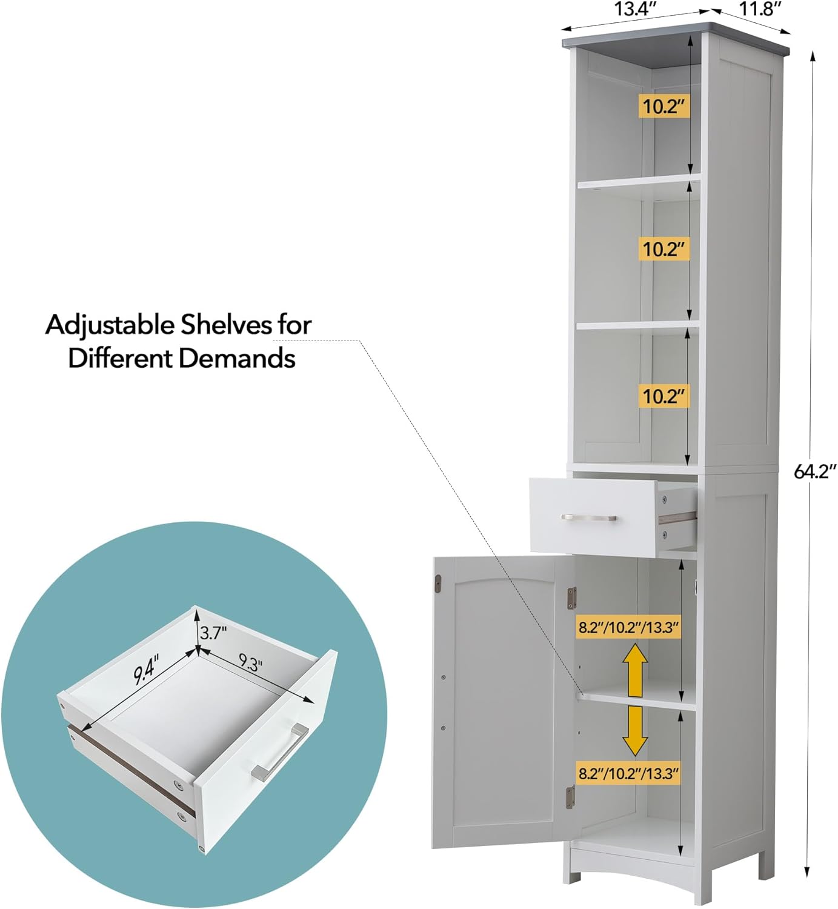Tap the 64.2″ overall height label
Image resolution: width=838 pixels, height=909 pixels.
pyautogui.click(x=815, y=471)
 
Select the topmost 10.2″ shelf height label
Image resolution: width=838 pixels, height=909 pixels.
pyautogui.click(x=663, y=107)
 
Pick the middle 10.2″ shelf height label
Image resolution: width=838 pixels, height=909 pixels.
pyautogui.click(x=663, y=249)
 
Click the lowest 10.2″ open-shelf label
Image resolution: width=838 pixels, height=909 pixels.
pyautogui.click(x=663, y=396)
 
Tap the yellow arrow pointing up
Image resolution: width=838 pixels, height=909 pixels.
pyautogui.click(x=634, y=670)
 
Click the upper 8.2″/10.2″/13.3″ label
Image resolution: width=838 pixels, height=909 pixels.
pyautogui.click(x=628, y=627)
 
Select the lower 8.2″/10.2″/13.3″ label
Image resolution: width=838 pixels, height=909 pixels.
pyautogui.click(x=628, y=774)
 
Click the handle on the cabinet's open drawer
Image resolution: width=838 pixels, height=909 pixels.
pyautogui.click(x=588, y=518)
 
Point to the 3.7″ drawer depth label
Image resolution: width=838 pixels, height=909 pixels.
pyautogui.click(x=213, y=633)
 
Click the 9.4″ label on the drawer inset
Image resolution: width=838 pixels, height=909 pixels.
pyautogui.click(x=146, y=670)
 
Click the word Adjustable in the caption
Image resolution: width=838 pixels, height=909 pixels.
pyautogui.click(x=110, y=325)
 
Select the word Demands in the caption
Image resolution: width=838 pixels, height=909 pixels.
pyautogui.click(x=236, y=358)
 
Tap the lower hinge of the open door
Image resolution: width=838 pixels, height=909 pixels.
pyautogui.click(x=570, y=797)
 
